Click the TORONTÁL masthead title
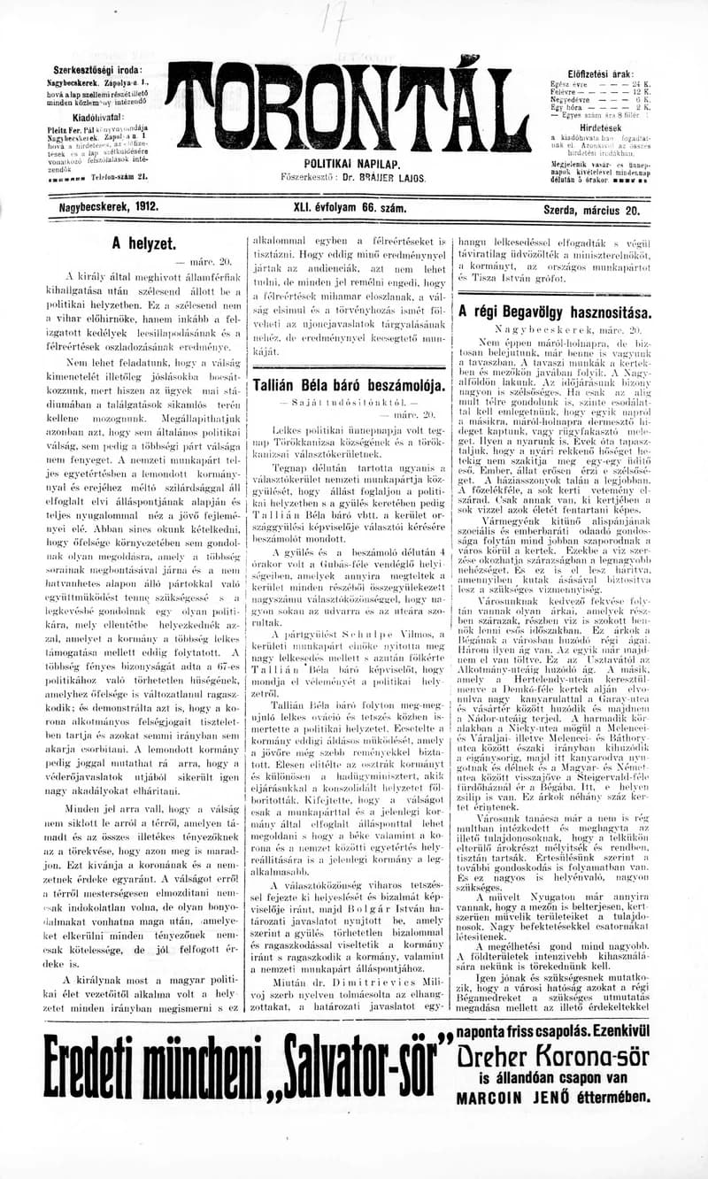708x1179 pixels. (x=352, y=106)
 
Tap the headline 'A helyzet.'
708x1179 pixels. (x=143, y=242)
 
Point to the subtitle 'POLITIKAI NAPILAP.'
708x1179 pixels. (x=352, y=165)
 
